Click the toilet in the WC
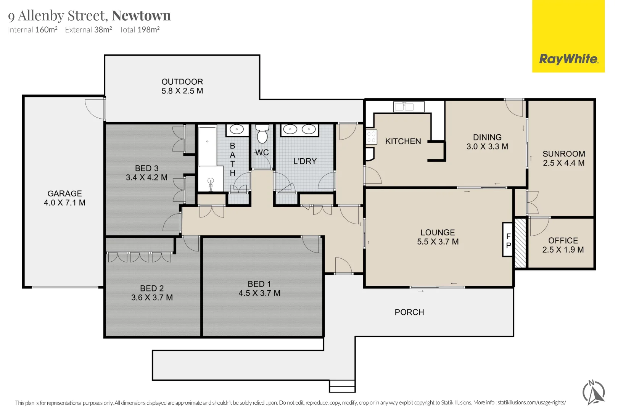pos(262,134)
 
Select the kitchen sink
pos(409,106)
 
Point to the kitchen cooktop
pos(371,137)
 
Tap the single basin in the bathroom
pos(237,129)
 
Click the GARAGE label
pos(64,193)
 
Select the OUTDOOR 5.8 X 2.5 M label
pos(182,86)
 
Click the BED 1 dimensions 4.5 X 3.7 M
pos(259,293)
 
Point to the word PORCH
pos(409,312)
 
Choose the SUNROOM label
pos(564,154)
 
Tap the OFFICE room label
pos(563,240)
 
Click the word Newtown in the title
pos(141,16)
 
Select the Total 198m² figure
pos(139,29)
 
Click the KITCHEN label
pos(403,141)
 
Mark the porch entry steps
pos(342,386)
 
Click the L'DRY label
pos(304,161)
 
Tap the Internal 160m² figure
pos(33,29)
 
